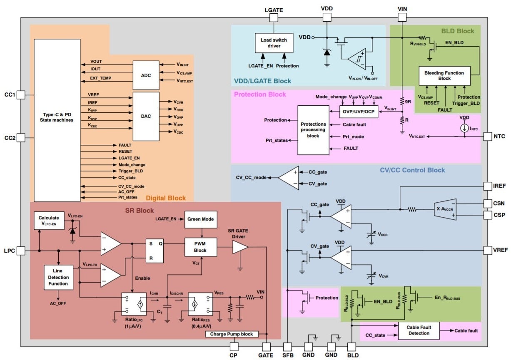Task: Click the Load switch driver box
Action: tap(274, 43)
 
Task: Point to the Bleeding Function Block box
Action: tap(444, 75)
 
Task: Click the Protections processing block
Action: tap(313, 130)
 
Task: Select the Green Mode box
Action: tap(201, 219)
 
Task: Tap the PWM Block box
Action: tap(201, 247)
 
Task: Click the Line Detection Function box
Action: tap(58, 278)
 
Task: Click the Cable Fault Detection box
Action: tap(419, 330)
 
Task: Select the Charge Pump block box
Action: tap(232, 334)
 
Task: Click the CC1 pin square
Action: tap(22, 95)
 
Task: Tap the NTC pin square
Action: tap(488, 136)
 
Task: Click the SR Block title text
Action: tap(140, 211)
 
